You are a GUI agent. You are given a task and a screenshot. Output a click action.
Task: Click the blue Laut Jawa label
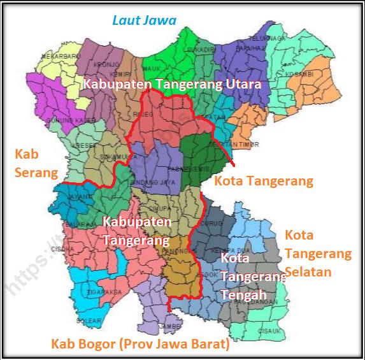[144, 20]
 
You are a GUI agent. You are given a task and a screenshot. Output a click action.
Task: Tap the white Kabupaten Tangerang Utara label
[172, 85]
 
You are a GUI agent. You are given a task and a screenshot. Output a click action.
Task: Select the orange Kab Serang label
[35, 163]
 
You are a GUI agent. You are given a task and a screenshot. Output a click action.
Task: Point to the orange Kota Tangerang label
[264, 181]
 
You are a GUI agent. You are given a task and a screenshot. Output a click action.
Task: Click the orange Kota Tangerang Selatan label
[317, 254]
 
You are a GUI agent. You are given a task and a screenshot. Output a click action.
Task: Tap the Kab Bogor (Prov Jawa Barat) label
[140, 345]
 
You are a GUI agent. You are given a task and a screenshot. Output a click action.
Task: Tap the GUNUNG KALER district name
[59, 120]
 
